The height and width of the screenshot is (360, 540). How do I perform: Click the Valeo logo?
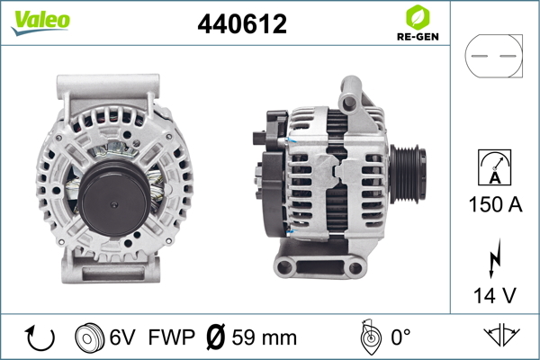pos(40,22)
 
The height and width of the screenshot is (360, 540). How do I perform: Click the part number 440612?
pos(242,24)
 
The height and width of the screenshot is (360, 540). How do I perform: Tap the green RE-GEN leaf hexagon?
pos(418,17)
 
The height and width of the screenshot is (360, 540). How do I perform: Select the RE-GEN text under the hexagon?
pos(418,37)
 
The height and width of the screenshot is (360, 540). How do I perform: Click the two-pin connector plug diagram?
pos(494,56)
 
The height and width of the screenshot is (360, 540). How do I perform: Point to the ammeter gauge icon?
pos(494,167)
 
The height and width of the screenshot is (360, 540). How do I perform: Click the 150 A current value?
pos(495,204)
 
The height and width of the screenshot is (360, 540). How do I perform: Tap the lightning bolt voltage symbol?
pos(495,258)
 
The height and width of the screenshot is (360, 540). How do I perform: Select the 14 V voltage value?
pos(495,295)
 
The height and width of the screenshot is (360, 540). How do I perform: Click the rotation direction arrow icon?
pos(40,337)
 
